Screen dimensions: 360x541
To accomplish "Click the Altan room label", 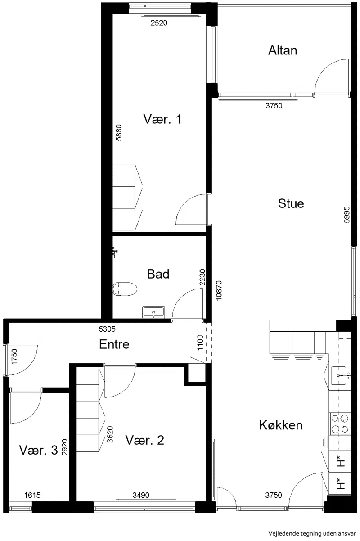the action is [x=283, y=50].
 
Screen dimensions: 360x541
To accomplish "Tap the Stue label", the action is [x=291, y=203].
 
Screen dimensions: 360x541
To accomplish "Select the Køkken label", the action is [x=280, y=425].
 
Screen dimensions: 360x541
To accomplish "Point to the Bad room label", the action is [x=158, y=274].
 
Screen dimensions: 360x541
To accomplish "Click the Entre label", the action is [x=114, y=344].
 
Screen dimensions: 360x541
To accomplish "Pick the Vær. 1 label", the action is [x=162, y=119].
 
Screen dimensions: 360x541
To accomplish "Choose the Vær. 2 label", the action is [x=145, y=440].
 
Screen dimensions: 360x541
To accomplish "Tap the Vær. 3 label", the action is [x=39, y=450].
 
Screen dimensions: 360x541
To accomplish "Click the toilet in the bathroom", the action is [x=125, y=289].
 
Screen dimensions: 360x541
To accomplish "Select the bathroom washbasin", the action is [x=153, y=312].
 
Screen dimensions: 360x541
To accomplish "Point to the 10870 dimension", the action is [x=219, y=290].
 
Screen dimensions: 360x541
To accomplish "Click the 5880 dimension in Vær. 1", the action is [x=119, y=133].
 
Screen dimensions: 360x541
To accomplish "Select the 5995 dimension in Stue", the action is [x=346, y=215].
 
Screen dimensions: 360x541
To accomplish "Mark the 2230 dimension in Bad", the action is [x=202, y=277].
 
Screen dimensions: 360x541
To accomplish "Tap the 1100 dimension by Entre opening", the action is [x=200, y=343].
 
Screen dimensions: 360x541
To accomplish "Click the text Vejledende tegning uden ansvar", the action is [x=312, y=533].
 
